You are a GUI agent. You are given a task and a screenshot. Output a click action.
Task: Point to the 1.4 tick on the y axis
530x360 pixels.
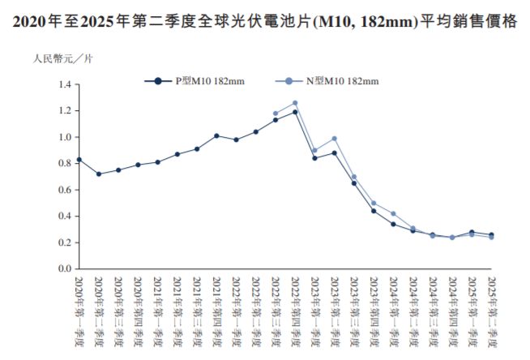[x=66, y=84]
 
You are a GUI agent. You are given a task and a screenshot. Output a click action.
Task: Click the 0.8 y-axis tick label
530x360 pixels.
[x=66, y=164]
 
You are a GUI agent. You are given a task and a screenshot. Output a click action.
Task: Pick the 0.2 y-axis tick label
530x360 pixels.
[x=66, y=242]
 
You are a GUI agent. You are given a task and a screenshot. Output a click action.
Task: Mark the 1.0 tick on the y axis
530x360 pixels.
[x=66, y=137]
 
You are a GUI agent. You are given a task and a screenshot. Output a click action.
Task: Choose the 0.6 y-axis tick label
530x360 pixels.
[x=66, y=190]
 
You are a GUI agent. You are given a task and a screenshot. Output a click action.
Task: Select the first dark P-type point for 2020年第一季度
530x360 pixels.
[x=79, y=160]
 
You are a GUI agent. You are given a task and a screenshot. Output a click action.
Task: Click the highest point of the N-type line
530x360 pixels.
[x=295, y=103]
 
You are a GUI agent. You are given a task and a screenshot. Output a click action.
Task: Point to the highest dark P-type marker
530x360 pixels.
[x=295, y=112]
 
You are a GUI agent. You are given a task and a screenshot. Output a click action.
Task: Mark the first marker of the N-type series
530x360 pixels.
[x=276, y=114]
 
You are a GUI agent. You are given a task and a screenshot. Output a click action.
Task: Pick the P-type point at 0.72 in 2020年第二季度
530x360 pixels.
[x=99, y=174]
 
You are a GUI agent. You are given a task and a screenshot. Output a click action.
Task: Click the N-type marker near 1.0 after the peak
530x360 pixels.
[x=334, y=139]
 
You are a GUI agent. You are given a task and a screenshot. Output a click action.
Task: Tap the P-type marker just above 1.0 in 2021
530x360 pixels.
[x=216, y=135]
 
